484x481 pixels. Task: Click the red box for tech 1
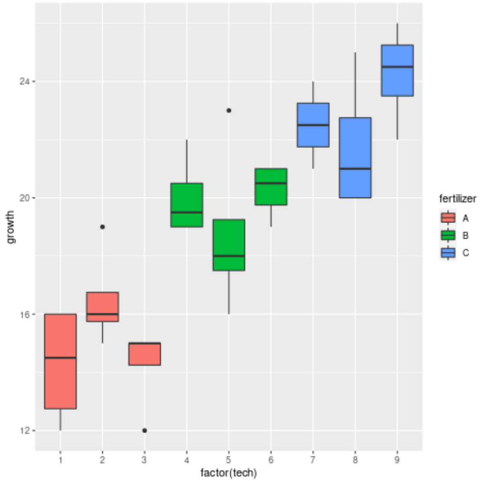[60, 361]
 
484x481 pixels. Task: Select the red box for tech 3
[144, 354]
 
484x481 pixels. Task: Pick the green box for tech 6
[271, 187]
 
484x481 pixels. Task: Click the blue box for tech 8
[355, 157]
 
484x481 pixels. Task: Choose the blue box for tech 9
[397, 70]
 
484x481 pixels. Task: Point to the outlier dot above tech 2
[102, 227]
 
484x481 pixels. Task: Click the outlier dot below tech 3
[144, 430]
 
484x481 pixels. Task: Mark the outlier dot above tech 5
[229, 110]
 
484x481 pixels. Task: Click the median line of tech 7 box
[313, 125]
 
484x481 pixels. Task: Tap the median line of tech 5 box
[229, 256]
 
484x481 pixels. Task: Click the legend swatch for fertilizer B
[448, 236]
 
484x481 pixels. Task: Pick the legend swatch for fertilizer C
[448, 253]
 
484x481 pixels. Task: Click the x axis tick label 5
[229, 459]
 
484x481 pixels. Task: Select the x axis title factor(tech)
[228, 472]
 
